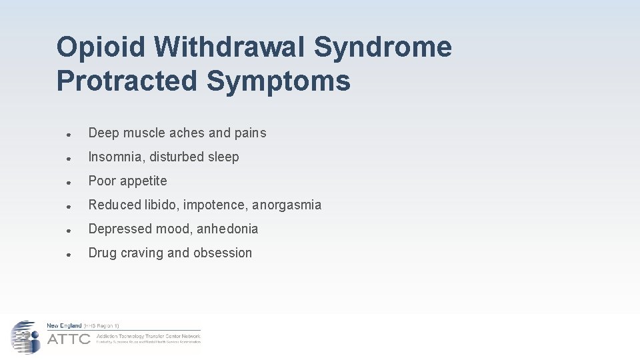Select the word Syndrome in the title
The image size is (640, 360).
click(x=383, y=47)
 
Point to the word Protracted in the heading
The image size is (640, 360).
click(x=127, y=81)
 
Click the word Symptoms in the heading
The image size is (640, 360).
click(x=278, y=81)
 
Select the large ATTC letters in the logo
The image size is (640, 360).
click(x=69, y=339)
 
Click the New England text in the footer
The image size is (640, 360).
click(x=64, y=326)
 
